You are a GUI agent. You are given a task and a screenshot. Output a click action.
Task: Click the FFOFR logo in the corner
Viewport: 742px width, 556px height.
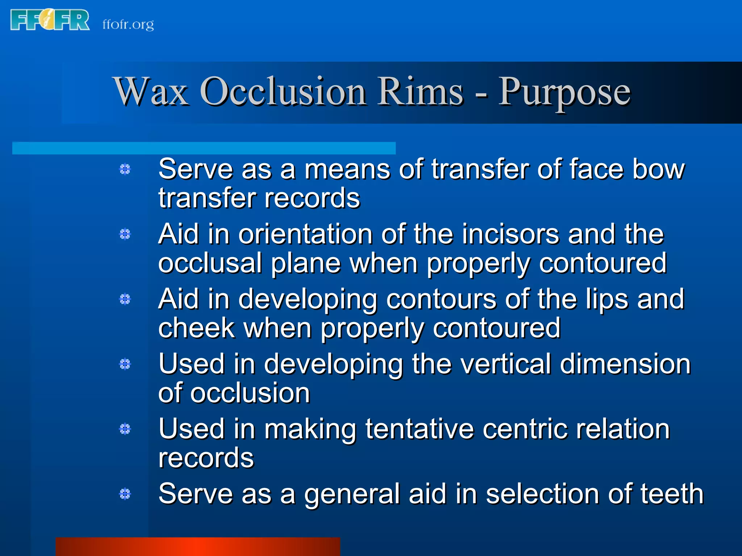pyautogui.click(x=50, y=20)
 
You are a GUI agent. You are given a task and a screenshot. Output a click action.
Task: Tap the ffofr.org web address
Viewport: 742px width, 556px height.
pyautogui.click(x=128, y=24)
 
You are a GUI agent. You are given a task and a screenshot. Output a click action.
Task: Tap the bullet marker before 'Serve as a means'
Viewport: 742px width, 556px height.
pyautogui.click(x=125, y=169)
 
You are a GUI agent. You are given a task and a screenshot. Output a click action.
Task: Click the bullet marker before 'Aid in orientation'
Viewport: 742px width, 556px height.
pyautogui.click(x=125, y=234)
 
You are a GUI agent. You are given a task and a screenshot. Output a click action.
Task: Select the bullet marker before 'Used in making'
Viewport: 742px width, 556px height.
pyautogui.click(x=125, y=429)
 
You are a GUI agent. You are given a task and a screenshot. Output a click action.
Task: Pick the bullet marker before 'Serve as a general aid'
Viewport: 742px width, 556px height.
pyautogui.click(x=125, y=494)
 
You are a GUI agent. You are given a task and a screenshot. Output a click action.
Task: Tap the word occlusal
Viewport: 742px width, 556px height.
pyautogui.click(x=210, y=263)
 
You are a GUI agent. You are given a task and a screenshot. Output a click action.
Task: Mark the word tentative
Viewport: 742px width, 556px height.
pyautogui.click(x=420, y=429)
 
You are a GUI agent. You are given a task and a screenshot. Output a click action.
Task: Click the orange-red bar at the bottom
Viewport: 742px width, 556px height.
pyautogui.click(x=198, y=547)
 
